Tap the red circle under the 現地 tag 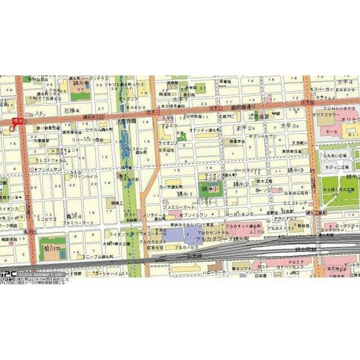tap(12, 129)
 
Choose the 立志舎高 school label tap(259, 115)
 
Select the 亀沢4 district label tap(74, 215)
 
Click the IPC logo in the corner tap(8, 274)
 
